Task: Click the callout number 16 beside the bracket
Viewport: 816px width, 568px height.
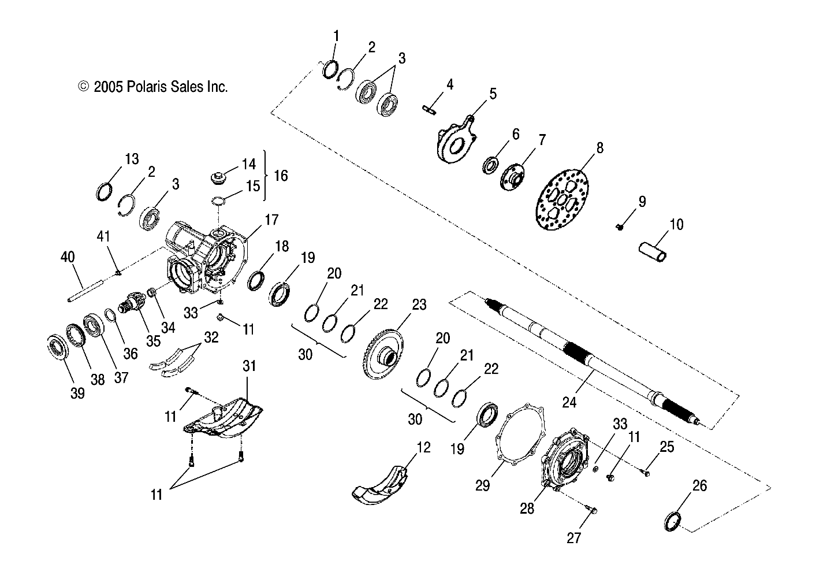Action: pos(281,175)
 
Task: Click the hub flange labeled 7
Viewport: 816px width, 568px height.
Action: pos(512,176)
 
